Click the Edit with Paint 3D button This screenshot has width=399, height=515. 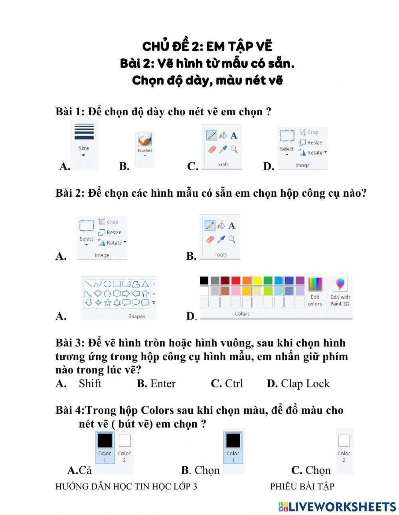340,292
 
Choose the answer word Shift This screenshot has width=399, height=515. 90,384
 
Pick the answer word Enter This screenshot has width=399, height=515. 163,384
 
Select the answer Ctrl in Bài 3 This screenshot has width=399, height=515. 234,384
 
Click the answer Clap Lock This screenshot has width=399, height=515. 305,384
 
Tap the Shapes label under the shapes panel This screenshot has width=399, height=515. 136,316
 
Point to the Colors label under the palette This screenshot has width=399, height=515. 242,314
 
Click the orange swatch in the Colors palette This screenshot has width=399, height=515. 247,281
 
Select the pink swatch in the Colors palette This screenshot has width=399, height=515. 236,291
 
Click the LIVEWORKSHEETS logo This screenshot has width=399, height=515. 337,507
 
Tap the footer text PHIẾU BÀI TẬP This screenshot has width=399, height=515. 302,486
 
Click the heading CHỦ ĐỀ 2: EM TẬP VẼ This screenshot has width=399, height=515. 207,47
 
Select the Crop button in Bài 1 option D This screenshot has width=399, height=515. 309,132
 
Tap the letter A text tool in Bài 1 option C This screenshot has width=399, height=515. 234,136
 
